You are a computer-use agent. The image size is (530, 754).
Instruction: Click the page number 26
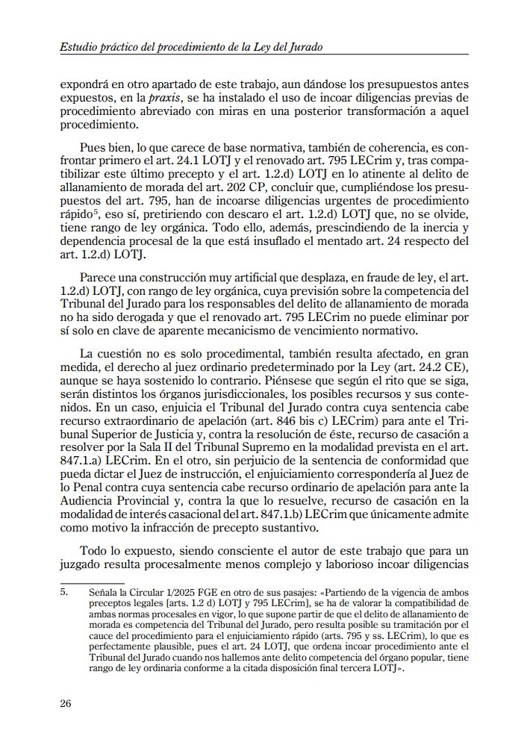66,703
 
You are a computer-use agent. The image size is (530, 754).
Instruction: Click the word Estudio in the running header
79,47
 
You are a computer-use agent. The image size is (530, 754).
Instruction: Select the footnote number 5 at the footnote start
63,591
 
